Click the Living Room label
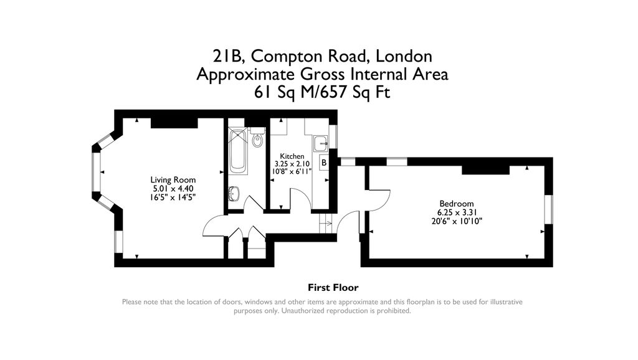tap(169, 179)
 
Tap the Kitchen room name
tap(292, 156)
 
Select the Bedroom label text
tap(456, 204)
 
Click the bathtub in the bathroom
tap(238, 151)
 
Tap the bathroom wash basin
tap(234, 194)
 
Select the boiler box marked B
tap(323, 163)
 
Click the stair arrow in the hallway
tap(323, 223)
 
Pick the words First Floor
tap(333, 288)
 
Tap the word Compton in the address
tap(286, 56)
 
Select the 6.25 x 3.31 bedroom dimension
tap(456, 212)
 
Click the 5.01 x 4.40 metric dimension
tap(169, 188)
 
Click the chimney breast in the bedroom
tap(485, 169)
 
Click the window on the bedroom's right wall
tap(548, 209)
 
